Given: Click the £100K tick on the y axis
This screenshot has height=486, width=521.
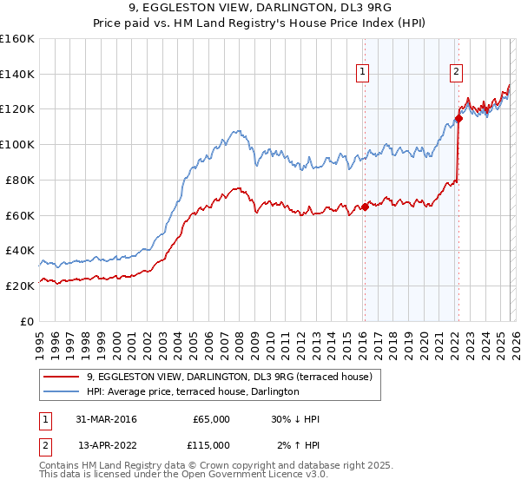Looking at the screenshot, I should (18, 144).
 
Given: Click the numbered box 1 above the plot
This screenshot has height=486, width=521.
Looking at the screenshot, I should (362, 73).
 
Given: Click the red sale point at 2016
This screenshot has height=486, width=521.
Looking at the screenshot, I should (365, 207).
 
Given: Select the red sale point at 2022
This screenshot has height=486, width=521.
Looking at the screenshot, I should (458, 118).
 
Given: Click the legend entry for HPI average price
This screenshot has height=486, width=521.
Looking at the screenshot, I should (192, 391).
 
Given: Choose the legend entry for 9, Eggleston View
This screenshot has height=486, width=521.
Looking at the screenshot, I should (229, 377).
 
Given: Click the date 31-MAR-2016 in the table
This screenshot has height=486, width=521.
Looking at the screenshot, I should (101, 419).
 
